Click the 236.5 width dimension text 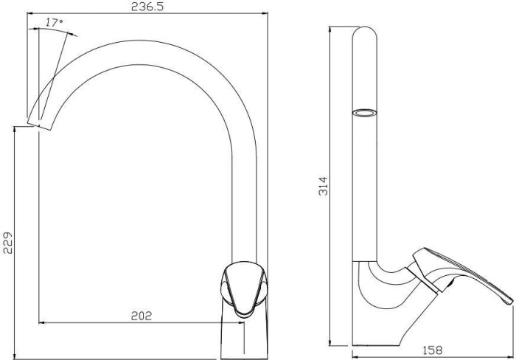(x=147, y=7)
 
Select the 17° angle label (x=55, y=23)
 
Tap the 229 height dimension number (x=7, y=243)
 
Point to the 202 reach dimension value (x=142, y=316)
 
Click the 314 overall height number (x=323, y=186)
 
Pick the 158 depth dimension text (x=432, y=350)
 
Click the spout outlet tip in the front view (x=39, y=126)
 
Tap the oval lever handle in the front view (x=244, y=289)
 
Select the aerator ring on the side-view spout (x=365, y=113)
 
